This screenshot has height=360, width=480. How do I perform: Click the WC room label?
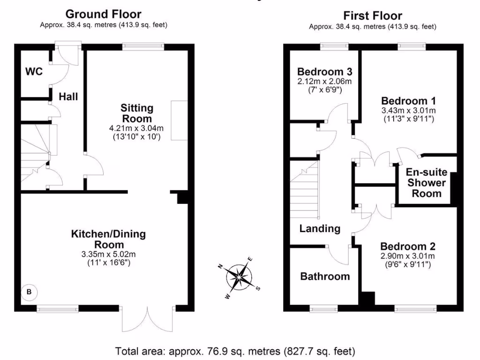[x=34, y=72]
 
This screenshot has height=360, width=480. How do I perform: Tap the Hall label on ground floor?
[x=68, y=97]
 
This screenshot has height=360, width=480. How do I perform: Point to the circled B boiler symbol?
[x=29, y=292]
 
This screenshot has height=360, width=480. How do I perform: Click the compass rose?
[x=240, y=277]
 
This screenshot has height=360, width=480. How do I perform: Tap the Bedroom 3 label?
[x=325, y=72]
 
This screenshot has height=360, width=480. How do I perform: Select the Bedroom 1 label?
[x=409, y=101]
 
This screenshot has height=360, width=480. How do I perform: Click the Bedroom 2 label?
[x=408, y=247]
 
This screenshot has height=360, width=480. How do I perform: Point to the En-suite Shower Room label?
[x=426, y=183]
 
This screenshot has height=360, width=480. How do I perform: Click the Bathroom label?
[x=325, y=276]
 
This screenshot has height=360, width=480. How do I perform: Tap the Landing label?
[x=320, y=229]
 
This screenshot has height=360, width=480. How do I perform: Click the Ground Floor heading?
[x=103, y=14]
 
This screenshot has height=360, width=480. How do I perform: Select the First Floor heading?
[x=373, y=16]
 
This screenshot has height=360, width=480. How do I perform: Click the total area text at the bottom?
[x=235, y=350]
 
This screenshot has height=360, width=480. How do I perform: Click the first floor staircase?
[x=304, y=190]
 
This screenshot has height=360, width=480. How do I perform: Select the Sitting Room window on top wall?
[x=143, y=46]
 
